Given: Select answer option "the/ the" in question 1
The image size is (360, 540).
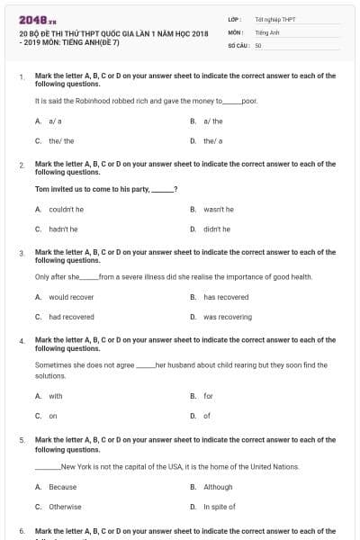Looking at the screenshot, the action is click(x=61, y=141).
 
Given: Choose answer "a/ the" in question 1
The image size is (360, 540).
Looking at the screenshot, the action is click(x=213, y=121).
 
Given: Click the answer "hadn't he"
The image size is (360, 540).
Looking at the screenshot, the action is click(x=63, y=229).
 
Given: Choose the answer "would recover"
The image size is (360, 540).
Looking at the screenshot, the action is click(x=71, y=297).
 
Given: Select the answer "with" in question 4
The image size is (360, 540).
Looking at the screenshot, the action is click(x=56, y=396).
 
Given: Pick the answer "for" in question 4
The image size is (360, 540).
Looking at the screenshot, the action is click(x=208, y=396).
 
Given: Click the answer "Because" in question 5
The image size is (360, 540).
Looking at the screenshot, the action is click(x=62, y=487).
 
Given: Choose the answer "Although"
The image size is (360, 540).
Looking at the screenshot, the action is click(x=218, y=487).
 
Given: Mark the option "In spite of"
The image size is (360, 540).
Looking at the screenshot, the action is click(x=220, y=507).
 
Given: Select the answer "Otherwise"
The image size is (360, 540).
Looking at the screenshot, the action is click(x=65, y=507).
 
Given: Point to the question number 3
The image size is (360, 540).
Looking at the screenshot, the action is click(x=21, y=254).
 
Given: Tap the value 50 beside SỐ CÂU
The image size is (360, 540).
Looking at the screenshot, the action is click(x=258, y=44).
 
